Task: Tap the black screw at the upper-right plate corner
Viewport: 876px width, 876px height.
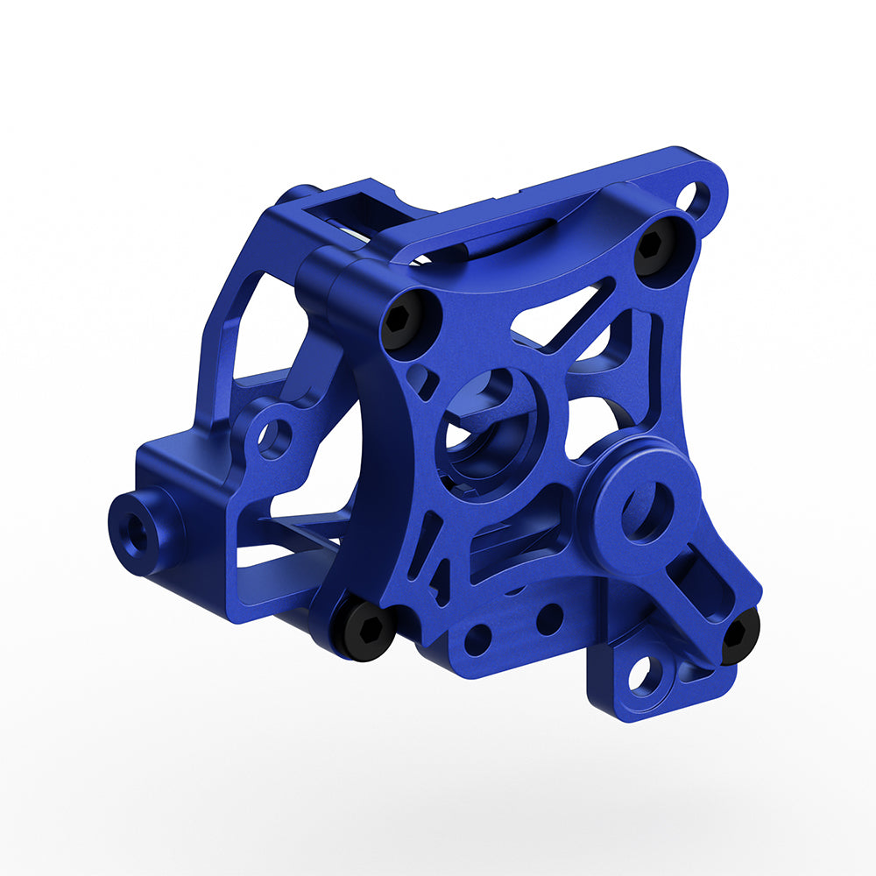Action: coord(655,244)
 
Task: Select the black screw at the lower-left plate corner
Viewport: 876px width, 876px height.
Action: coord(364,627)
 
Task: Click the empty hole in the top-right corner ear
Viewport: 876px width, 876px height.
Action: coord(697,198)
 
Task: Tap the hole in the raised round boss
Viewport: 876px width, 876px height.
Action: coord(647,512)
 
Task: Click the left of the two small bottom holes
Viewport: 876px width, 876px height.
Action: coord(478,639)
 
